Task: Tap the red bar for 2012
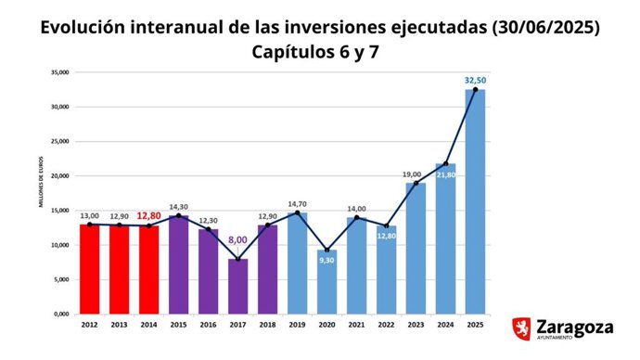[90, 269]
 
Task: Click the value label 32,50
[475, 81]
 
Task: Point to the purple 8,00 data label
[237, 239]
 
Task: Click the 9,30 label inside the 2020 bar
[326, 261]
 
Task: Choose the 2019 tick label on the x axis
[297, 325]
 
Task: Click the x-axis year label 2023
[416, 325]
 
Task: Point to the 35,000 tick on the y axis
[60, 71]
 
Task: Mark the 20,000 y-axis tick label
[60, 176]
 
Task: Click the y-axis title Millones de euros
[41, 193]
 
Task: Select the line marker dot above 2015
[179, 215]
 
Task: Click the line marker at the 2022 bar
[386, 225]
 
